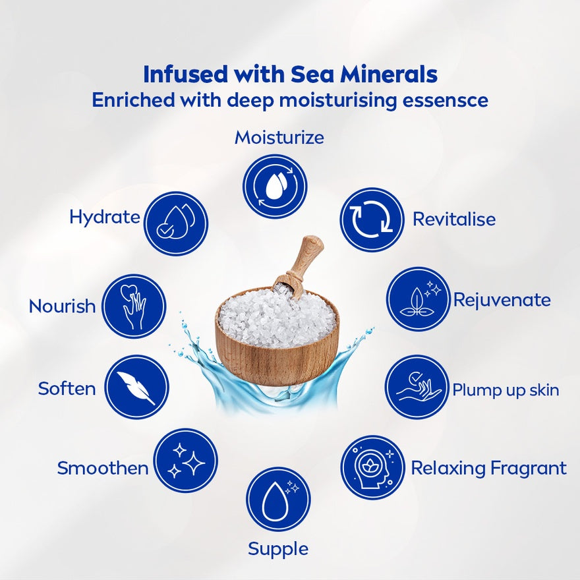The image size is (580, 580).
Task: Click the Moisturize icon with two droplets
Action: pyautogui.click(x=275, y=186)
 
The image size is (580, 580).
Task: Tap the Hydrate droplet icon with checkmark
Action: pyautogui.click(x=176, y=223)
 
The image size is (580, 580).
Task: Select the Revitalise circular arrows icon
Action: pyautogui.click(x=372, y=219)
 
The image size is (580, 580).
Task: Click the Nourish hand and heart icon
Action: pyautogui.click(x=134, y=306)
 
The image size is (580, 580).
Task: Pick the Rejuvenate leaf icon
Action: pyautogui.click(x=419, y=299)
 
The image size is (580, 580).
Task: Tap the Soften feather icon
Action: pyautogui.click(x=136, y=388)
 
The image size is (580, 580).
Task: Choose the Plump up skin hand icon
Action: pyautogui.click(x=417, y=387)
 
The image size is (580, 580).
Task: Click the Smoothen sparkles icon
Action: pyautogui.click(x=186, y=461)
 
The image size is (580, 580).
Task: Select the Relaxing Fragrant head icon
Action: pyautogui.click(x=373, y=467)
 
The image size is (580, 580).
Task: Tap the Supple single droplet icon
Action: pyautogui.click(x=279, y=500)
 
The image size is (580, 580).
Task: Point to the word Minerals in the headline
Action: pyautogui.click(x=389, y=74)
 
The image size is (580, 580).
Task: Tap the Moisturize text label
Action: pyautogui.click(x=279, y=138)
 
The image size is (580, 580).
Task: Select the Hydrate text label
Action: pyautogui.click(x=105, y=217)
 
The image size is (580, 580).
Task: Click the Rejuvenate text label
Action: pyautogui.click(x=502, y=300)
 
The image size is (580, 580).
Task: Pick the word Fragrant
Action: pyautogui.click(x=529, y=469)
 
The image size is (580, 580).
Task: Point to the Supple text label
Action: pyautogui.click(x=278, y=549)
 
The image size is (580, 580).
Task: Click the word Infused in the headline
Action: pyautogui.click(x=185, y=74)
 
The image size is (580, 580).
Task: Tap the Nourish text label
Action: pyautogui.click(x=62, y=306)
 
